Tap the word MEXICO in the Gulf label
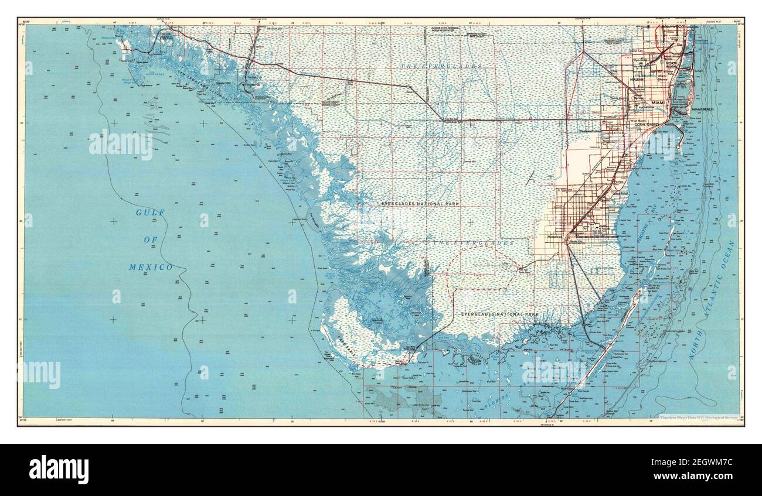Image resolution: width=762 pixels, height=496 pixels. [x=151, y=267]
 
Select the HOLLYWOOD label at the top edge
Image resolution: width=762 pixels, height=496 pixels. [x=672, y=27]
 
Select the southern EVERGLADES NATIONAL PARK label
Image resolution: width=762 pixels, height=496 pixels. [x=499, y=314]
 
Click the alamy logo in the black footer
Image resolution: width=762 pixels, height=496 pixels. [x=59, y=469]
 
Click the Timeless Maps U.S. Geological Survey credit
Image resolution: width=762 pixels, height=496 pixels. [x=699, y=418]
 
